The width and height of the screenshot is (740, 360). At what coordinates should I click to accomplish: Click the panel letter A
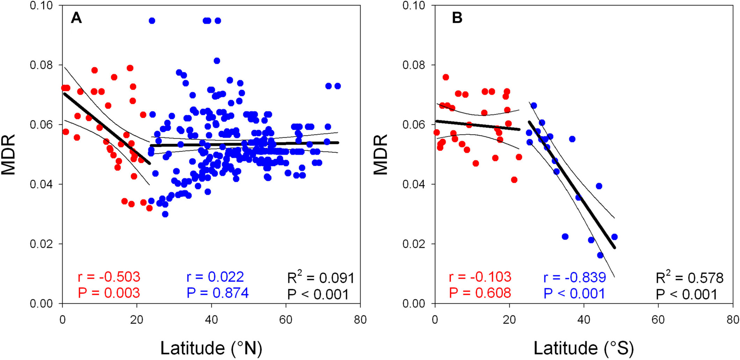point(76,17)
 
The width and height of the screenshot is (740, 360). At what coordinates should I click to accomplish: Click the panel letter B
point(457,17)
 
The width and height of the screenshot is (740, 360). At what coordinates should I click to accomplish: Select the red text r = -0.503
point(109,277)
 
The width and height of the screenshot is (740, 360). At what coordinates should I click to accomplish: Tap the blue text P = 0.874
point(217,293)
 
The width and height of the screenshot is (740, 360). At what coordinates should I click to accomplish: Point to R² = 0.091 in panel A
point(320,278)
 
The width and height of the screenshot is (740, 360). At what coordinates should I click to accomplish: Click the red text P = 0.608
point(480,293)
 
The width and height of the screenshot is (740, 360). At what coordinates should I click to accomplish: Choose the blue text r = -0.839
point(574,277)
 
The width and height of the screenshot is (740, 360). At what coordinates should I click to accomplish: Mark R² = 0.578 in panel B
point(689,278)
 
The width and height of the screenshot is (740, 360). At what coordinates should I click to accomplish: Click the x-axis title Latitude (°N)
point(211,348)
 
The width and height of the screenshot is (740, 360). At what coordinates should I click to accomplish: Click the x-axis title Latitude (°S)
point(583,348)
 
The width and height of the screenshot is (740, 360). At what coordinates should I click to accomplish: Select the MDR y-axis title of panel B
point(380,154)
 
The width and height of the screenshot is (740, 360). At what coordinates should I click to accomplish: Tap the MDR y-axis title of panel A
point(8,154)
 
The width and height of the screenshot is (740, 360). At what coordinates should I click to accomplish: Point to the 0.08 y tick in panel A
point(41,65)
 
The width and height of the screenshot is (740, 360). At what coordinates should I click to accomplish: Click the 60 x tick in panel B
point(658,320)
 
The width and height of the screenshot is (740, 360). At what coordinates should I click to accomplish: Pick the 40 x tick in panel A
point(211,320)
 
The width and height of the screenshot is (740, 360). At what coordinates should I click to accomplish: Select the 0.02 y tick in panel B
point(414,244)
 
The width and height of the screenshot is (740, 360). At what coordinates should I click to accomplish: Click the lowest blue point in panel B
point(600,255)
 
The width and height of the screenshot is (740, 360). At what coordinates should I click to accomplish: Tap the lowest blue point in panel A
point(165,214)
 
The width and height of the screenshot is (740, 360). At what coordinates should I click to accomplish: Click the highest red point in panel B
point(446,77)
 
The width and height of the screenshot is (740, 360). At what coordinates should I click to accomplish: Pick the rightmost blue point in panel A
point(338,86)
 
